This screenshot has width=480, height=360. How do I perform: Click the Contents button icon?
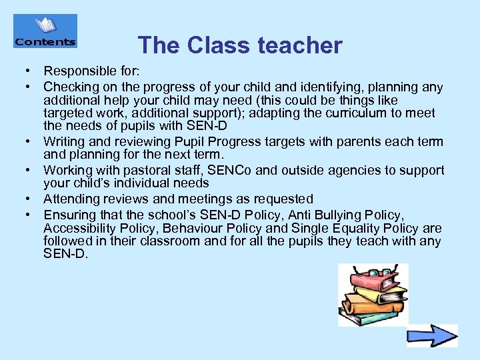coord(45,31)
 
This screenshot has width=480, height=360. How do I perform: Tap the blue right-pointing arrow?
coord(432,335)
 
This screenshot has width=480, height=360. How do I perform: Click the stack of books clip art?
coord(373,295)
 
